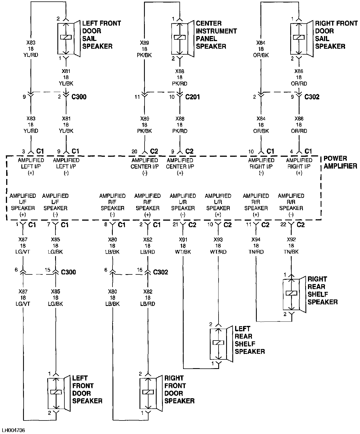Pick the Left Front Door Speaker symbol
pos(57,393)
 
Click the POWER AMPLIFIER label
pos(340,162)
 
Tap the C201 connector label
pos(192,97)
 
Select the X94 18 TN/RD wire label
pos(256,246)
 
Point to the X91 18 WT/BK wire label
pos(183,246)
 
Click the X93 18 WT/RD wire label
pos(218,246)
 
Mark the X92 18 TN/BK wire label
pos(291,246)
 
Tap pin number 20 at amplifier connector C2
pos(134,152)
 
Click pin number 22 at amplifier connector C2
pos(283,225)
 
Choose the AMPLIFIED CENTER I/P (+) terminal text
pos(180,166)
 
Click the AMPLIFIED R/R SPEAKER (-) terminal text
pos(291,205)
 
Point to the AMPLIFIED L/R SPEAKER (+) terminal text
pos(218,205)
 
